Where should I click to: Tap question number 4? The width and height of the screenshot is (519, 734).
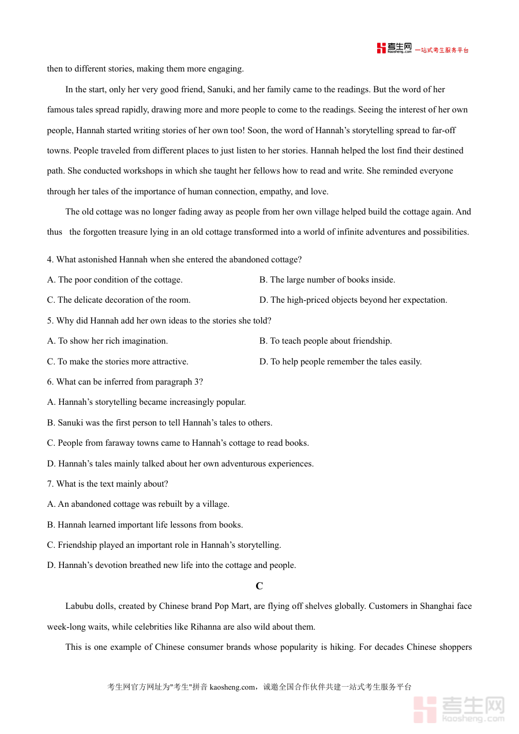[50, 259]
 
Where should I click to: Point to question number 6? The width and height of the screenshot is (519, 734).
[50, 382]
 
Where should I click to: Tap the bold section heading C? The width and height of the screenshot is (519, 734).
[259, 586]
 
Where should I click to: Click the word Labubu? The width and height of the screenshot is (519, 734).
[81, 606]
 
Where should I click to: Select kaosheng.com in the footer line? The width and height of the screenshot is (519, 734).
[232, 687]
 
